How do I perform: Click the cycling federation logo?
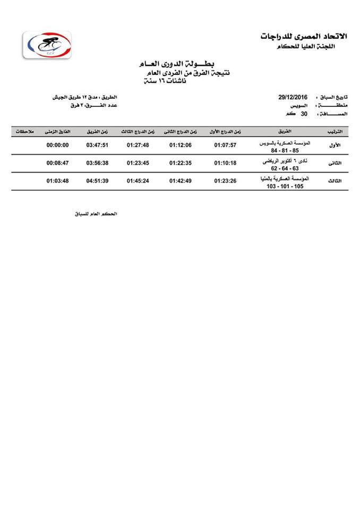click(x=47, y=46)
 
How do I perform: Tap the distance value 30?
click(x=305, y=114)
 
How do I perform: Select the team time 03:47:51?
click(x=97, y=145)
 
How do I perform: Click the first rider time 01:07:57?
click(x=225, y=145)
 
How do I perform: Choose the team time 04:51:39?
click(x=97, y=181)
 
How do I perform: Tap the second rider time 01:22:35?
click(x=181, y=163)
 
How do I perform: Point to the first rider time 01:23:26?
click(x=225, y=181)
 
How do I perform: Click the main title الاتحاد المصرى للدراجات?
click(x=303, y=36)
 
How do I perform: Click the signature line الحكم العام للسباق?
click(x=95, y=214)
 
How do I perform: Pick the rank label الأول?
click(x=336, y=145)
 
